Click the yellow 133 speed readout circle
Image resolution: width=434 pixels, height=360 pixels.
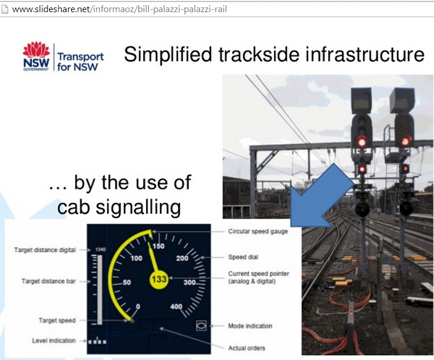tap(158, 279)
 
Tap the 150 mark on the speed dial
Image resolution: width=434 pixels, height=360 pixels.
tap(158, 246)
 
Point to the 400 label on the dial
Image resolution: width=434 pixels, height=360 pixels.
tap(176, 306)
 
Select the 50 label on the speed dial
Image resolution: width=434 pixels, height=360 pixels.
tap(127, 282)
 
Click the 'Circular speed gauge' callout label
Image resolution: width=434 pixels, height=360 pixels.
tap(258, 231)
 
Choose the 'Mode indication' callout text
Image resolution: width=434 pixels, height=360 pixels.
tap(250, 326)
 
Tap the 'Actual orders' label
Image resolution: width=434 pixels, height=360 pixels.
tap(246, 348)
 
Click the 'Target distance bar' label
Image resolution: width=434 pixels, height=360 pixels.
tap(49, 281)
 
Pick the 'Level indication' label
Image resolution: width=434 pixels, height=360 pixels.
tap(54, 340)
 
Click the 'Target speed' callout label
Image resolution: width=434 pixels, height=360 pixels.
tap(57, 321)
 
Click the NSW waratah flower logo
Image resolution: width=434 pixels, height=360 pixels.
tap(36, 50)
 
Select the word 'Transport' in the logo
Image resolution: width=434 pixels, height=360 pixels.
tap(80, 57)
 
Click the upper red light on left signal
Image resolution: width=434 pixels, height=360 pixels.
tap(362, 142)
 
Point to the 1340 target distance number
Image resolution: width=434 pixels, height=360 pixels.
tap(100, 249)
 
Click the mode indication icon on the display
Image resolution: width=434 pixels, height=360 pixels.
tap(201, 326)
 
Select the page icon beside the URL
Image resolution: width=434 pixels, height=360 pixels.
tap(5, 9)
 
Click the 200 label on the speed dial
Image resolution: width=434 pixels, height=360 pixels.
tap(182, 258)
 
